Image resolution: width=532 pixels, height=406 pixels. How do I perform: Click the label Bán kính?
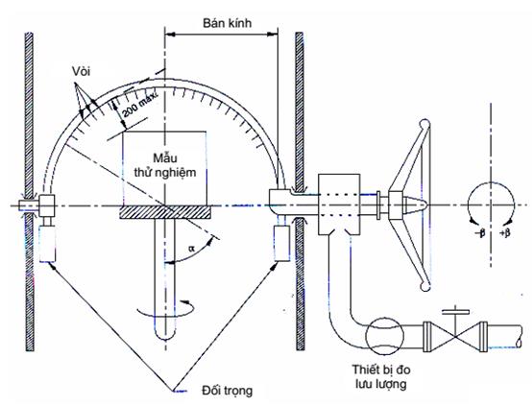[x=227, y=23]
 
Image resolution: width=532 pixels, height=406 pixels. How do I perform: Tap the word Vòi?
[x=81, y=72]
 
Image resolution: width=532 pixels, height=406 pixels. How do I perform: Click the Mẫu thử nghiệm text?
[x=165, y=165]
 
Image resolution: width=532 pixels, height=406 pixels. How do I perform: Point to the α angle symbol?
[x=192, y=249]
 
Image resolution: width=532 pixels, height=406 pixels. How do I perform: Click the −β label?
[x=480, y=232]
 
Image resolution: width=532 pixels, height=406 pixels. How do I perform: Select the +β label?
[x=505, y=232]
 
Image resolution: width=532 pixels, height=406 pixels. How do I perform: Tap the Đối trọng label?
[x=227, y=391]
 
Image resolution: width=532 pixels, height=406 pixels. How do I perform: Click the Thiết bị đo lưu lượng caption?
[x=380, y=376]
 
